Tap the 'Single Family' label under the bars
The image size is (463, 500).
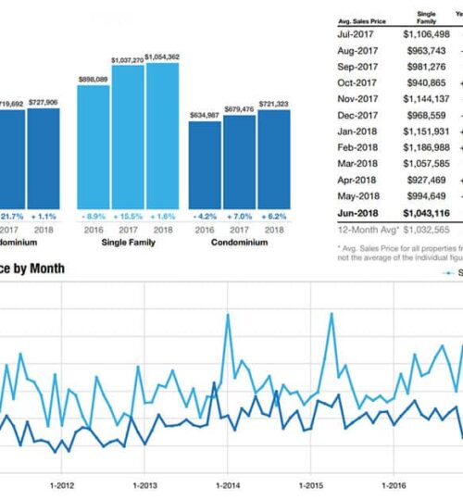(x=128, y=243)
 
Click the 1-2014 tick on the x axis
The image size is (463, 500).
(x=228, y=484)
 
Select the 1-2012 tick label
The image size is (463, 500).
(x=62, y=484)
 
